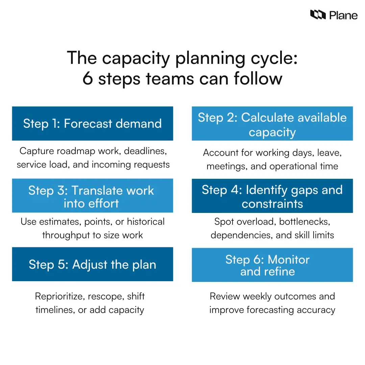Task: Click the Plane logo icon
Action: tap(318, 15)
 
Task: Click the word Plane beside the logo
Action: tap(343, 15)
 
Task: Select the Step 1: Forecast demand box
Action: tap(92, 123)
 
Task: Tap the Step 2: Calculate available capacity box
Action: tap(272, 124)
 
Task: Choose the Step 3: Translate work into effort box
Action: tap(92, 196)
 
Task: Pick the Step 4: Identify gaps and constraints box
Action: tap(272, 196)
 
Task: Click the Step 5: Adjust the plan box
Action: tap(92, 264)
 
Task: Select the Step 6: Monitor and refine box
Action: tap(272, 265)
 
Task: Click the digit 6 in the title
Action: tap(88, 79)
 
